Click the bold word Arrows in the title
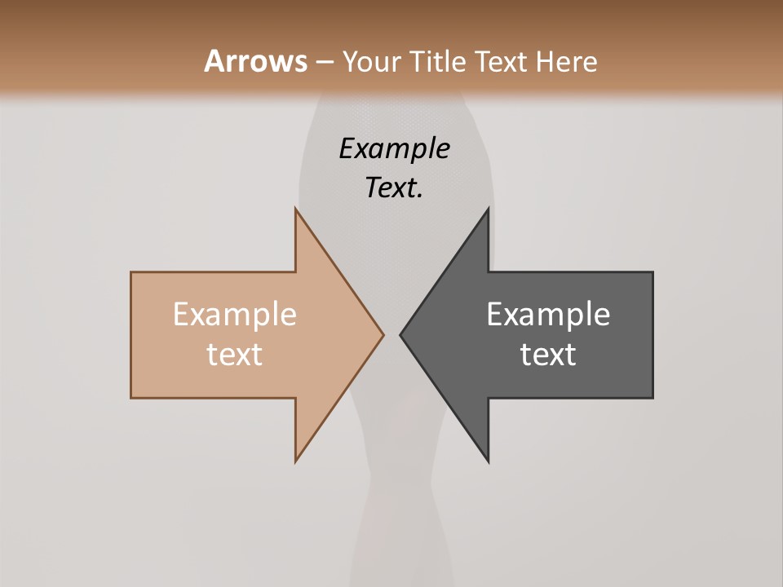(255, 61)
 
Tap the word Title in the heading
(438, 62)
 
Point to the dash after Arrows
(324, 63)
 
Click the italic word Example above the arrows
(394, 148)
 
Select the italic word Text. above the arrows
(394, 188)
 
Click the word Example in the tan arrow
(234, 314)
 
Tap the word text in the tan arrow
(234, 354)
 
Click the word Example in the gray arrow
(548, 314)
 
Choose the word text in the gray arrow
(548, 354)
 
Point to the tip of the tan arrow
(383, 334)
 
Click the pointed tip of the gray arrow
(400, 334)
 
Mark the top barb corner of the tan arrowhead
(295, 209)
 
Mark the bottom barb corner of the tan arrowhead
(295, 461)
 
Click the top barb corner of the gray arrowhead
(489, 209)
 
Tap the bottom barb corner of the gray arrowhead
(489, 461)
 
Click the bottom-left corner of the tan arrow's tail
(131, 398)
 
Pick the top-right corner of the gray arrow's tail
(652, 272)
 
